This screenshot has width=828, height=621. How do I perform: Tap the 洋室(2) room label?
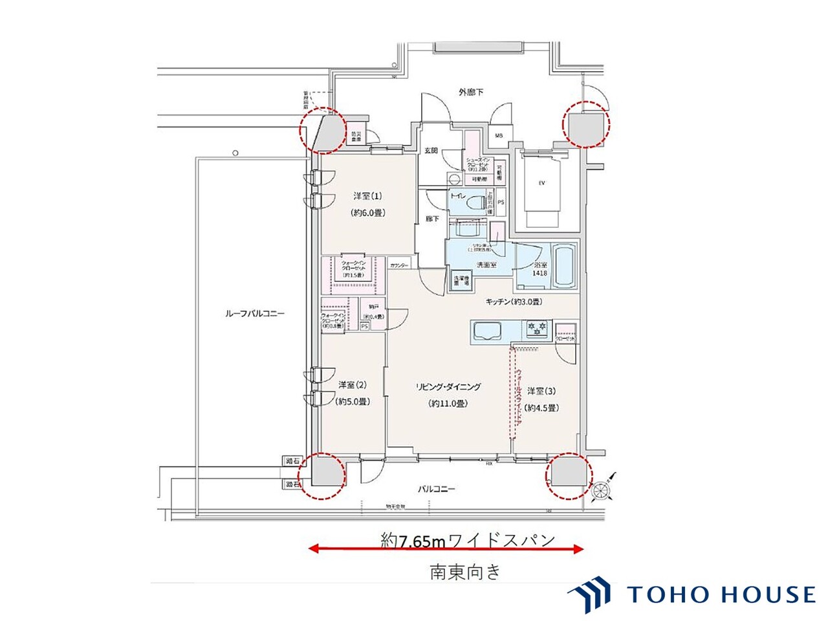pos(353,385)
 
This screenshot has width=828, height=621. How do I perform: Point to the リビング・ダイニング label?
pos(448,387)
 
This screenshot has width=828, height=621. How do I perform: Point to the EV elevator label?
pos(542,183)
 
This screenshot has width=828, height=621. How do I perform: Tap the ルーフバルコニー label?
pos(254,314)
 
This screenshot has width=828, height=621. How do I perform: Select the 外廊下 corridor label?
pos(471,93)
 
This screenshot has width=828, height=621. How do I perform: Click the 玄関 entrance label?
pos(431,150)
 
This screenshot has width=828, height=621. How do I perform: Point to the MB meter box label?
pos(499,136)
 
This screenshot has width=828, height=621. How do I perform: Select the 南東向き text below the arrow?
pos(465,571)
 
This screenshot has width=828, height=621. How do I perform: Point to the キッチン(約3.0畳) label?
pos(514,302)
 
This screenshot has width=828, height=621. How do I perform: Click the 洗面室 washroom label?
pos(486,265)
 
